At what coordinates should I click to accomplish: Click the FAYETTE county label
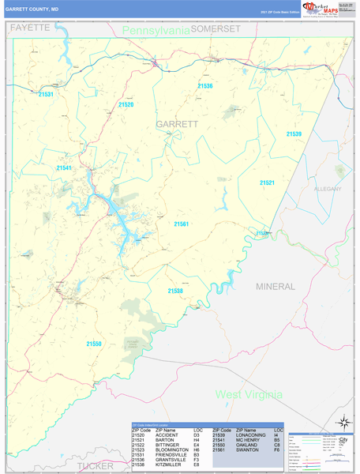(x=30, y=27)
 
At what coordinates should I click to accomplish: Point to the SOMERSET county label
(x=216, y=28)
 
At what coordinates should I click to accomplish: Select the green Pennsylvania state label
(x=156, y=30)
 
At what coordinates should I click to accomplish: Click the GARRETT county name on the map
(x=177, y=125)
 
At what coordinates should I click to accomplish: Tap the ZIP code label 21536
(x=205, y=86)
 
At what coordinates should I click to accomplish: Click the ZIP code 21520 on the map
(x=126, y=105)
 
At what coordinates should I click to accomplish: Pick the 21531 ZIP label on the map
(x=46, y=95)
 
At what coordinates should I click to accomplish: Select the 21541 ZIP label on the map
(x=64, y=168)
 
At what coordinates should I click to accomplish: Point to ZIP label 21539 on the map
(x=294, y=134)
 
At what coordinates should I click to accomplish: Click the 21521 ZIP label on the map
(x=268, y=182)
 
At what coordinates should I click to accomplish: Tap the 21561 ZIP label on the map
(x=182, y=224)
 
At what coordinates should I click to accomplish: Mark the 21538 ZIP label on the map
(x=175, y=291)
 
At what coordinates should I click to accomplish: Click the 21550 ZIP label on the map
(x=94, y=344)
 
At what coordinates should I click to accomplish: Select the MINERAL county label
(x=275, y=285)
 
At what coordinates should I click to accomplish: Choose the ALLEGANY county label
(x=328, y=190)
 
